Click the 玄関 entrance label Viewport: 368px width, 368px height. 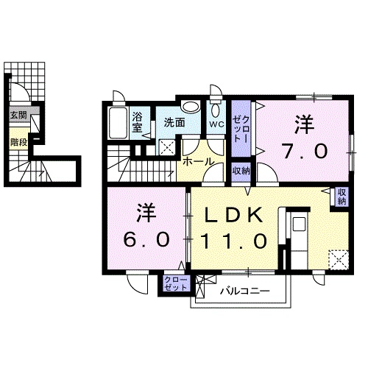[18, 116]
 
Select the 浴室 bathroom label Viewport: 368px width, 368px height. [138, 121]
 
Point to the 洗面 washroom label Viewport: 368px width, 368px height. [174, 123]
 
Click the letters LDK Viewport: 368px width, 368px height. [233, 215]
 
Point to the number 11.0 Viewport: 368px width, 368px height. [233, 240]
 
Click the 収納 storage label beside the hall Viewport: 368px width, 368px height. [241, 171]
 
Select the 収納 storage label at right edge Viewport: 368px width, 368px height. [342, 197]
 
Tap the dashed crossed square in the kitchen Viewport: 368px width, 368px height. [339, 259]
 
